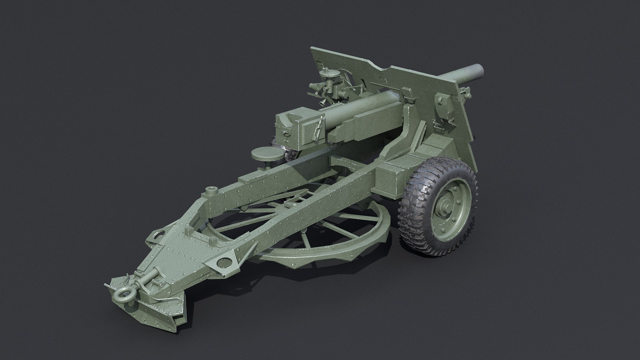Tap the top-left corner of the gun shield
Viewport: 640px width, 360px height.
click(x=312, y=49)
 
